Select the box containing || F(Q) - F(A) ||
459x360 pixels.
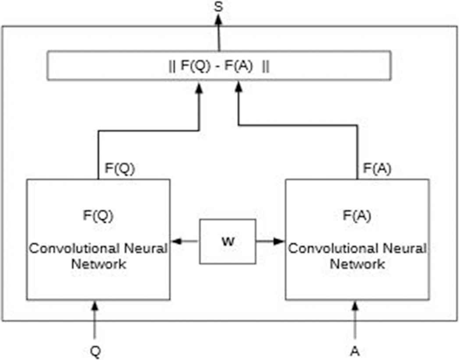pyautogui.click(x=218, y=66)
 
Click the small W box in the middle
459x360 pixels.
pyautogui.click(x=228, y=241)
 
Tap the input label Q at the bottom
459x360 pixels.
pyautogui.click(x=95, y=352)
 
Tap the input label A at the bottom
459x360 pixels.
pyautogui.click(x=355, y=352)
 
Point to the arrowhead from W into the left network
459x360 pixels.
pyautogui.click(x=175, y=241)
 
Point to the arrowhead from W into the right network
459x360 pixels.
pyautogui.click(x=280, y=241)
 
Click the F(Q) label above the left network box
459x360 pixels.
pyautogui.click(x=120, y=169)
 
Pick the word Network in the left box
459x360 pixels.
pyautogui.click(x=99, y=264)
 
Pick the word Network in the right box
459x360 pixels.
pyautogui.click(x=357, y=264)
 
